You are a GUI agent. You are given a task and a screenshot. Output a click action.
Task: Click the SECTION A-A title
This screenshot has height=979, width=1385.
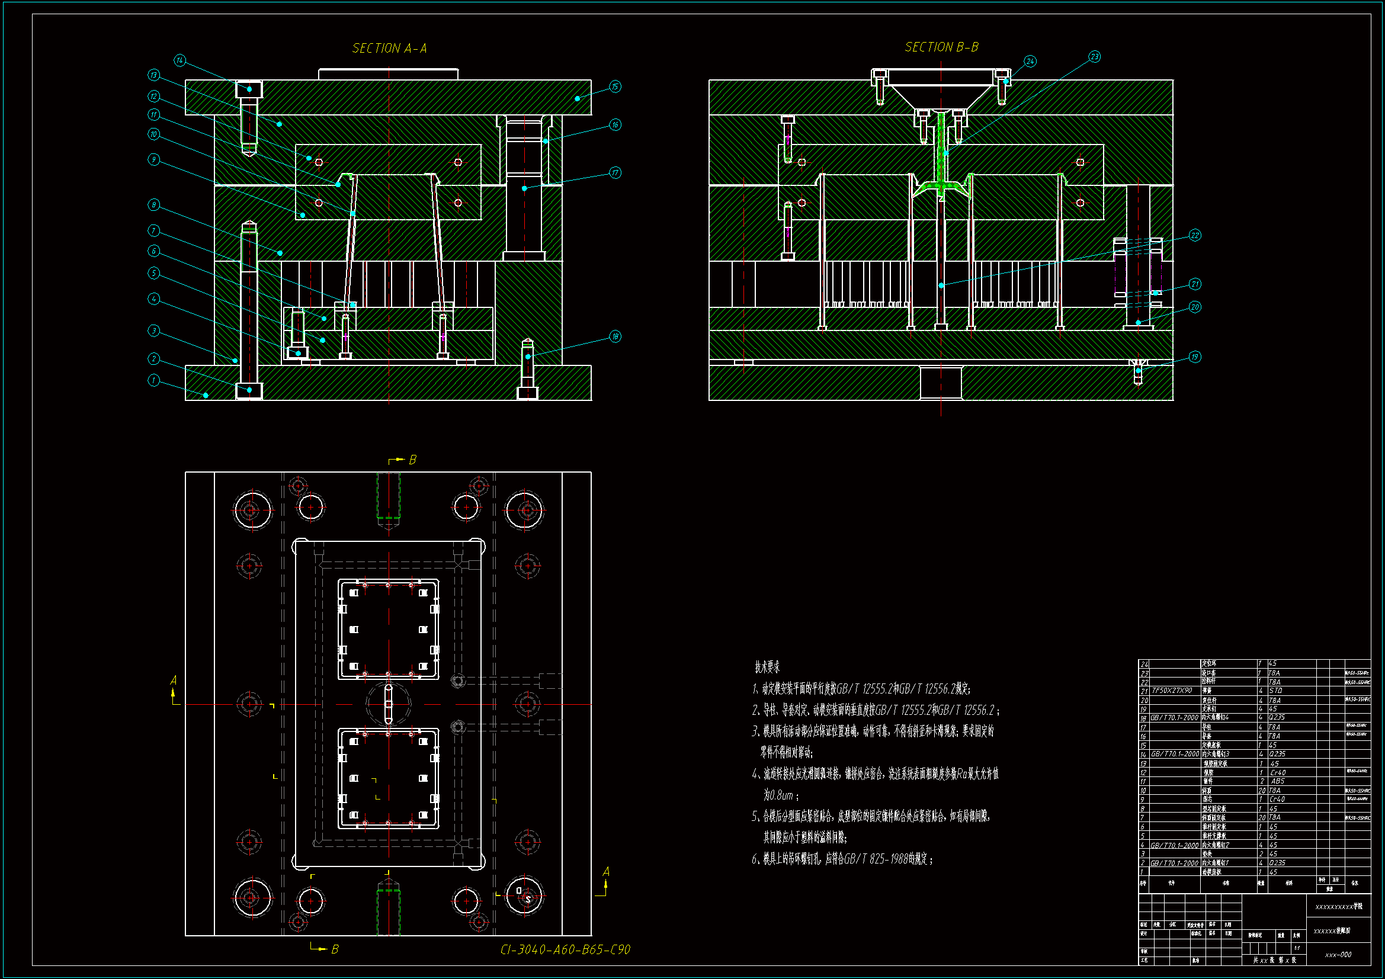click(x=389, y=48)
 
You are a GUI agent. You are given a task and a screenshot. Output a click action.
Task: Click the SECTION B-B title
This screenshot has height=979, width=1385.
click(x=941, y=47)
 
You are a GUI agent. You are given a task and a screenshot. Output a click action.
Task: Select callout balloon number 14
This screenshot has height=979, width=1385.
click(x=179, y=60)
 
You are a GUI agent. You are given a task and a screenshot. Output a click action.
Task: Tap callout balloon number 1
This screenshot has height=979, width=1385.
click(x=154, y=381)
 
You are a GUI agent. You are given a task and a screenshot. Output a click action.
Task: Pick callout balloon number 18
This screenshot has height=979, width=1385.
click(x=615, y=336)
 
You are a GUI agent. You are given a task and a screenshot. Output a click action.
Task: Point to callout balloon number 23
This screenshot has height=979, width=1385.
click(x=1094, y=57)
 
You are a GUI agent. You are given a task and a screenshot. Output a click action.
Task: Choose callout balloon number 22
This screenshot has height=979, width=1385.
click(x=1195, y=235)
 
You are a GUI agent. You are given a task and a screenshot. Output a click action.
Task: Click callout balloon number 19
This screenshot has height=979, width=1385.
click(x=1195, y=357)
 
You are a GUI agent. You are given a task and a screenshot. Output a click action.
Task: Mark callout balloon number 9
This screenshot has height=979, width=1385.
click(x=154, y=159)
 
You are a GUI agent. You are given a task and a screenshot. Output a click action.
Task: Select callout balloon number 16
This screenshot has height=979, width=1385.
click(x=615, y=125)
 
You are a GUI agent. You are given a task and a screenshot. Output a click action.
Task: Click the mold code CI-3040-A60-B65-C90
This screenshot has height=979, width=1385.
click(x=565, y=950)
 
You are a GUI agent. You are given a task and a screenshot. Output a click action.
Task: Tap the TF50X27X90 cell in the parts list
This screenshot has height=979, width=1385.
click(x=1172, y=691)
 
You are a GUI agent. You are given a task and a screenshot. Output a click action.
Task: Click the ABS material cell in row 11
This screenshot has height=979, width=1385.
click(x=1278, y=781)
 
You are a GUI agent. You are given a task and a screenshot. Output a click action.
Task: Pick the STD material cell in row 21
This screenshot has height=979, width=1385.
click(x=1275, y=691)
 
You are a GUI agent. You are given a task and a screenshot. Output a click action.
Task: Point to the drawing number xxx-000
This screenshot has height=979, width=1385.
click(x=1338, y=955)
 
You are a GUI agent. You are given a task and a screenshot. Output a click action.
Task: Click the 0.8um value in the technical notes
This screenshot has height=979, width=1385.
click(x=778, y=795)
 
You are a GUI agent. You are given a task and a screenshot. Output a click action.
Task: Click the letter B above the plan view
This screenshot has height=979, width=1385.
click(x=413, y=460)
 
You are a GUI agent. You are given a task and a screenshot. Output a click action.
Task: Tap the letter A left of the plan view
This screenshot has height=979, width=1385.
click(x=174, y=681)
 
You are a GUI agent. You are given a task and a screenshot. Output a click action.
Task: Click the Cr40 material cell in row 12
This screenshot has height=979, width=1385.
click(x=1278, y=772)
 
